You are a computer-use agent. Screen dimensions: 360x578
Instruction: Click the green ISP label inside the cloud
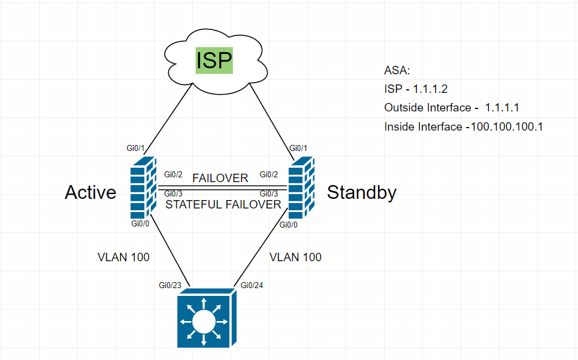click(x=214, y=61)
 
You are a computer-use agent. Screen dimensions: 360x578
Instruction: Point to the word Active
click(x=90, y=192)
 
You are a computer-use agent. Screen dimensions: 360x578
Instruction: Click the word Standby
click(x=361, y=192)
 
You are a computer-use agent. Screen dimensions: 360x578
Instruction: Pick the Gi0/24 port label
click(x=252, y=285)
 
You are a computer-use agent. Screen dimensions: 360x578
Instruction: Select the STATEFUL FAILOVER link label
click(x=223, y=204)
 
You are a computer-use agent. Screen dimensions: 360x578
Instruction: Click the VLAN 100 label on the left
click(x=123, y=257)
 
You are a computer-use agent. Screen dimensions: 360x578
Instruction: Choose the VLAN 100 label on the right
click(x=295, y=257)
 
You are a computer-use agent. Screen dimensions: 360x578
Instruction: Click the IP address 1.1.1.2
click(x=431, y=89)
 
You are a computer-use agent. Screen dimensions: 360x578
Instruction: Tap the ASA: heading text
click(x=397, y=71)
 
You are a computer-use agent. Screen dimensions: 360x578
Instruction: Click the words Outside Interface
click(x=427, y=108)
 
